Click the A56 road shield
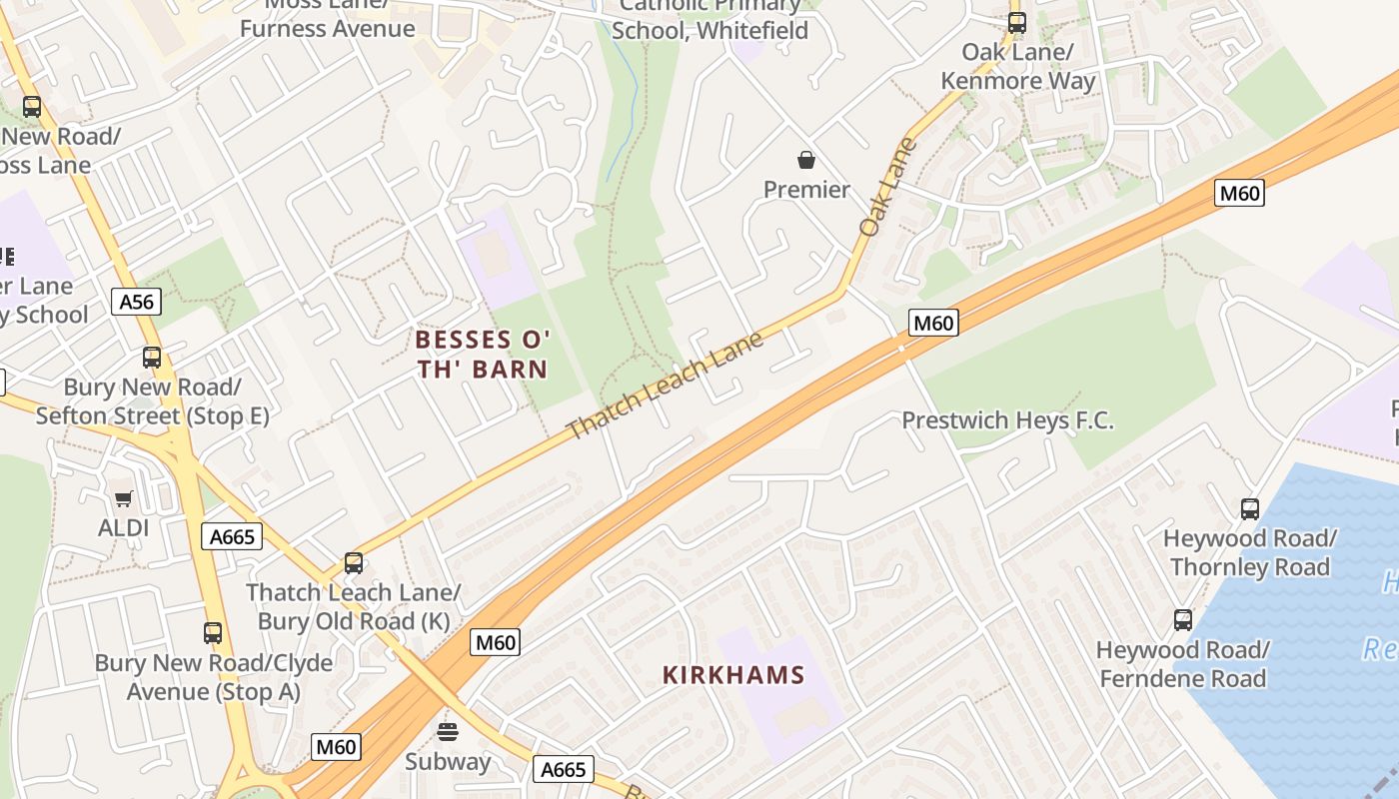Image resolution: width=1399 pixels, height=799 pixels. pyautogui.click(x=136, y=303)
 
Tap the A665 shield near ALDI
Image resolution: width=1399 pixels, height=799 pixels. pyautogui.click(x=231, y=536)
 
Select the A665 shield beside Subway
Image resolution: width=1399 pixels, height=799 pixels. pyautogui.click(x=563, y=769)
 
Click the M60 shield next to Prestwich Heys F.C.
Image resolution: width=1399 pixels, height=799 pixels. pyautogui.click(x=933, y=322)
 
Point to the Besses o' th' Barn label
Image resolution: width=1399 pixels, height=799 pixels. pyautogui.click(x=483, y=355)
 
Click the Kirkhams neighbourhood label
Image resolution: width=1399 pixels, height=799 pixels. pyautogui.click(x=733, y=675)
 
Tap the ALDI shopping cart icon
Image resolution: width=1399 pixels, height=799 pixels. pyautogui.click(x=124, y=497)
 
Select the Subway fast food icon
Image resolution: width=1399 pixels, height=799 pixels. pyautogui.click(x=448, y=731)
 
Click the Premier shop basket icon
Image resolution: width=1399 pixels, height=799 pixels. pyautogui.click(x=806, y=160)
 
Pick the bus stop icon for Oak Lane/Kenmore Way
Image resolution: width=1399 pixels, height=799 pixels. pyautogui.click(x=1017, y=21)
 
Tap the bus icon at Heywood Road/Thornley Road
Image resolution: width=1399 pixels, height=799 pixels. pyautogui.click(x=1250, y=509)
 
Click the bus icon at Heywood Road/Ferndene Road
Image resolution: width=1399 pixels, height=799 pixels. pyautogui.click(x=1183, y=620)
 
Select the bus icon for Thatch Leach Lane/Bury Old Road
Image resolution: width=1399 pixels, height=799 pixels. pyautogui.click(x=354, y=562)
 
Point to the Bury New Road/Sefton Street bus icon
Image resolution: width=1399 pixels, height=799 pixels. pyautogui.click(x=152, y=358)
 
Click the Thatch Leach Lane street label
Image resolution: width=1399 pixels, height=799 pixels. pyautogui.click(x=665, y=386)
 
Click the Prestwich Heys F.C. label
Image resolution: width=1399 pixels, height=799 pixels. pyautogui.click(x=1007, y=420)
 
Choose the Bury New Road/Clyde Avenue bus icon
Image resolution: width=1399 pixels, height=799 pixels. pyautogui.click(x=213, y=633)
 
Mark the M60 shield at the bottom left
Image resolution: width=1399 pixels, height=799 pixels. pyautogui.click(x=336, y=747)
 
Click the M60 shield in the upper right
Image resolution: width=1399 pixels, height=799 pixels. pyautogui.click(x=1239, y=193)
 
